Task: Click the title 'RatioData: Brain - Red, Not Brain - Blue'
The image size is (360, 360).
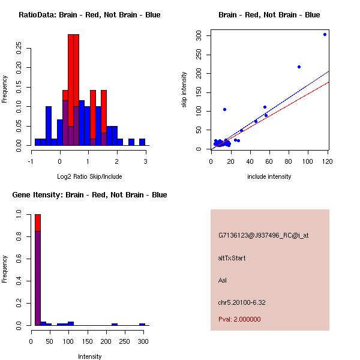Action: click(x=89, y=14)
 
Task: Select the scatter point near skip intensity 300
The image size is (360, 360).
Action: click(x=325, y=34)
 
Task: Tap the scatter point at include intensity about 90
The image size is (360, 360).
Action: click(x=299, y=67)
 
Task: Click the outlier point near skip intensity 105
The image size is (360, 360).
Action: click(x=224, y=109)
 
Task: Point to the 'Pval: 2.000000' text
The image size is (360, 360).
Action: click(x=239, y=319)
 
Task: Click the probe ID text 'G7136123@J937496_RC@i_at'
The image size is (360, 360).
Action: click(x=263, y=235)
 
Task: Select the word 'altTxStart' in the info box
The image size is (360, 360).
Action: click(x=232, y=258)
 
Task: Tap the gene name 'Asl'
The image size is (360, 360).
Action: click(x=222, y=280)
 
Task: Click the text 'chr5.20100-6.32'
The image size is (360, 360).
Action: click(x=242, y=302)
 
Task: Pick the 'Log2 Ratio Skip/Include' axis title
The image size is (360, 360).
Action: click(x=89, y=176)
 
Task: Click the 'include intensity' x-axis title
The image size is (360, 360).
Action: click(x=269, y=176)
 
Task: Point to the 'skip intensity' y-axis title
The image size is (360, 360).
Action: click(x=184, y=90)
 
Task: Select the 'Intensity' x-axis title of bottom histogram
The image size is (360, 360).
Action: click(x=90, y=356)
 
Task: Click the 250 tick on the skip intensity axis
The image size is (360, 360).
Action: click(x=200, y=55)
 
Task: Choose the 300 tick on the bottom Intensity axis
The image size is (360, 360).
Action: click(x=142, y=341)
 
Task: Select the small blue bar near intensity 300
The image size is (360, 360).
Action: click(x=142, y=324)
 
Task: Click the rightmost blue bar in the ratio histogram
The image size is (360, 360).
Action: click(x=142, y=142)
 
